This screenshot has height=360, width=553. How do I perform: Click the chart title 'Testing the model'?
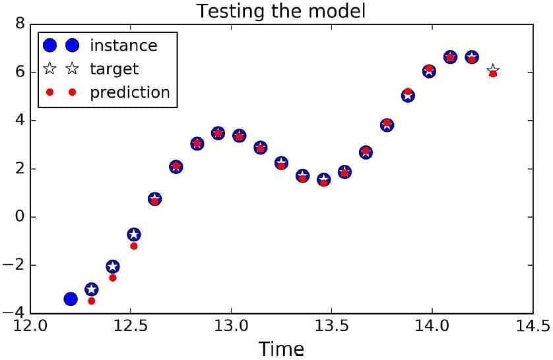[x=280, y=11]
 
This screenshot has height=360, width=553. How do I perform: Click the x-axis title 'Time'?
[x=281, y=349]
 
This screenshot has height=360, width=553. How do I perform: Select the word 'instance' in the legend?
[x=123, y=45]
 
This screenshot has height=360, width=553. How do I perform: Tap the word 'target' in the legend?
[x=114, y=69]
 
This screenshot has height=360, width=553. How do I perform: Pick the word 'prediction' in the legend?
[x=130, y=92]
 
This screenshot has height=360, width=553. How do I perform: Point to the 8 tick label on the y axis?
[x=20, y=24]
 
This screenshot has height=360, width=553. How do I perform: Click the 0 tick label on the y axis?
[x=20, y=217]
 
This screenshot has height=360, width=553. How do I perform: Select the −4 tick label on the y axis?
[x=14, y=313]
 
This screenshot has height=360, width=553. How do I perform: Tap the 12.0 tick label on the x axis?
[x=30, y=326]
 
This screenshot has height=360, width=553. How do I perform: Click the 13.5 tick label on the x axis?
[x=331, y=326]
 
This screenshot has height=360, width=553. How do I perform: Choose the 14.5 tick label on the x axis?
[x=533, y=326]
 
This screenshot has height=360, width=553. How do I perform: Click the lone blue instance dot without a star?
[x=71, y=299]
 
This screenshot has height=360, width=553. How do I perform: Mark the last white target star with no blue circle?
[x=493, y=70]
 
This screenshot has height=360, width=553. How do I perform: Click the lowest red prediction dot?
[x=91, y=301]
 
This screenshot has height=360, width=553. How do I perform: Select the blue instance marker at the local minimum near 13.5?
[x=324, y=179]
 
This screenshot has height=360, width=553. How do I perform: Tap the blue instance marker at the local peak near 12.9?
[x=218, y=133]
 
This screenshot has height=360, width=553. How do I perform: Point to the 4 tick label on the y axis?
[x=20, y=121]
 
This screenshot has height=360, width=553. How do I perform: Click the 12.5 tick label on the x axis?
[x=131, y=326]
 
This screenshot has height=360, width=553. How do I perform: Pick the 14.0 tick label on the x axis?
[x=432, y=326]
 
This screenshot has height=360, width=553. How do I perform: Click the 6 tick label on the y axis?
[x=20, y=73]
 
